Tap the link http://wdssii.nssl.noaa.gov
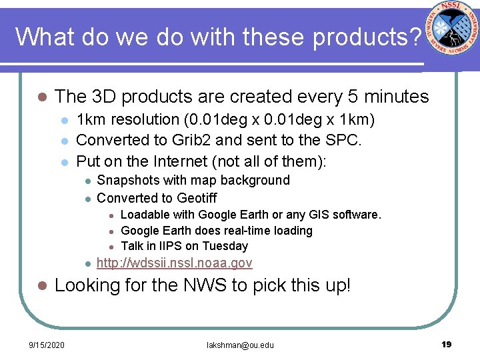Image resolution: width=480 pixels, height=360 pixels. tap(175, 263)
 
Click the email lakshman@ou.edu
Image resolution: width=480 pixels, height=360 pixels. tap(239, 345)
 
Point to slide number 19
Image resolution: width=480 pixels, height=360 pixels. tap(447, 344)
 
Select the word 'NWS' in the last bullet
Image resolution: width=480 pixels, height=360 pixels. tap(200, 286)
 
